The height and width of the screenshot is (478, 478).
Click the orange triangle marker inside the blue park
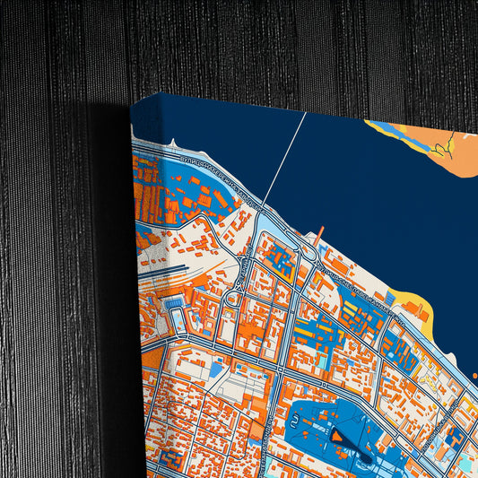pyautogui.click(x=339, y=437)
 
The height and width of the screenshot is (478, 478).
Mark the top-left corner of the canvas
pyautogui.click(x=132, y=100)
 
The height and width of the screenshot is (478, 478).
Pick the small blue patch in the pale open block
pyautogui.click(x=216, y=368)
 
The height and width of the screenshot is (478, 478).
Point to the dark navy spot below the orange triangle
pyautogui.click(x=362, y=458)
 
